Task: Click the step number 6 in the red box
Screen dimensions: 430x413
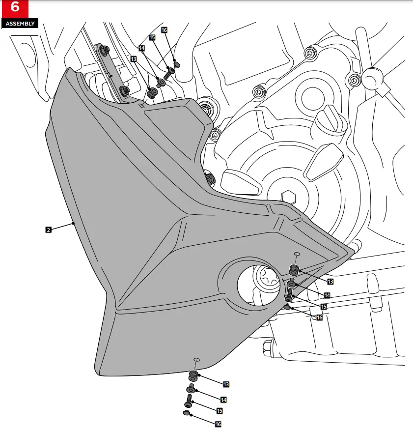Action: click(14, 8)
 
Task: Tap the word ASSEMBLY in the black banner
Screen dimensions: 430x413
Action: click(20, 23)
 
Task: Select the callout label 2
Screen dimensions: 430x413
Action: click(48, 229)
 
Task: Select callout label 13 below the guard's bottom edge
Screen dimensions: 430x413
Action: click(226, 384)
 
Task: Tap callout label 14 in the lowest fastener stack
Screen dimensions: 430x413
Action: click(223, 400)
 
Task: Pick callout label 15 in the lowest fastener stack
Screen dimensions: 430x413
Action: click(219, 410)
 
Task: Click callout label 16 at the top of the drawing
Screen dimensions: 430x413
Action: click(164, 30)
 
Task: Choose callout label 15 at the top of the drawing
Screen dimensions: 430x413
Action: click(152, 37)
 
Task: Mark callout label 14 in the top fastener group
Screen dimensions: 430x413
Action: click(141, 48)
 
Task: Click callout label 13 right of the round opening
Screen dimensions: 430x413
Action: click(330, 282)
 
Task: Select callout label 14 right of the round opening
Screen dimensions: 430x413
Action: click(327, 295)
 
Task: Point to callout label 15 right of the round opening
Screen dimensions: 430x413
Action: click(324, 307)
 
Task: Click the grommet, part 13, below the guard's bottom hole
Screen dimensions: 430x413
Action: click(193, 376)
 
